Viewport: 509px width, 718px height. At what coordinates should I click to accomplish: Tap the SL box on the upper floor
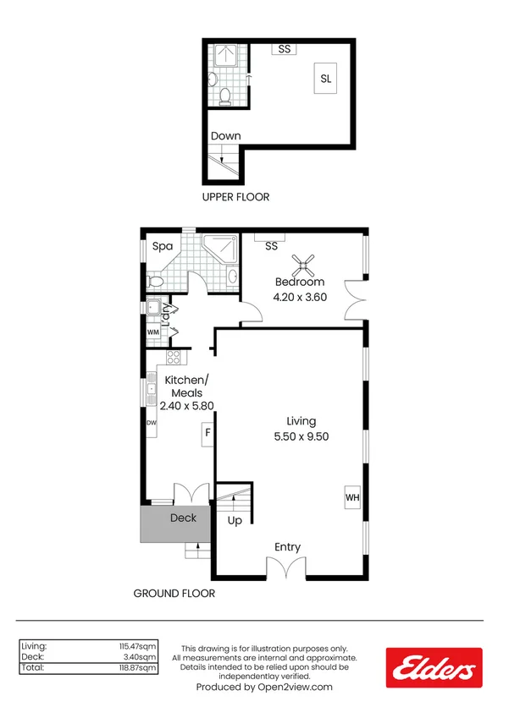pos(326,79)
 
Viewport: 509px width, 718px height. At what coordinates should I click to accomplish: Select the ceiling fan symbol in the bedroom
pos(304,265)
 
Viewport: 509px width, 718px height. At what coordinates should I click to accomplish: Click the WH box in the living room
pos(352,497)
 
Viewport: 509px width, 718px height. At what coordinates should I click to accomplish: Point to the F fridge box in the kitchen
pos(206,436)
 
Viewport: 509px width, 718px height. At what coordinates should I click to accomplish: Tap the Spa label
pos(163,247)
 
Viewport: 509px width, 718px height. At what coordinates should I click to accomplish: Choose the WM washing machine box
pos(153,332)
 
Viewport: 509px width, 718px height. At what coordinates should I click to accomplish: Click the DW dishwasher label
pos(152,423)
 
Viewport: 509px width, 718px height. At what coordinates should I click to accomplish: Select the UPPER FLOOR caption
pos(235,197)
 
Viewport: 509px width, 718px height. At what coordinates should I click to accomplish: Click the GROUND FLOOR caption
pos(174,594)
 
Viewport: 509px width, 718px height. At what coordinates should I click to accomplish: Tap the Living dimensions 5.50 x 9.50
pos(301,436)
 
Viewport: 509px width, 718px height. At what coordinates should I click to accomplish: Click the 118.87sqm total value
pos(139,668)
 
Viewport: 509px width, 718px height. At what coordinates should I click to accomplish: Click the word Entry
pos(287,547)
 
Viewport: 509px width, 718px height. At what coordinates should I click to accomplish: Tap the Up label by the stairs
pos(235,520)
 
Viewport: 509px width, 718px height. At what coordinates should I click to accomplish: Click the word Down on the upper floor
pos(225,136)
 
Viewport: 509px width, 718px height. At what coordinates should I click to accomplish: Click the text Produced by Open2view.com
pos(264,688)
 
